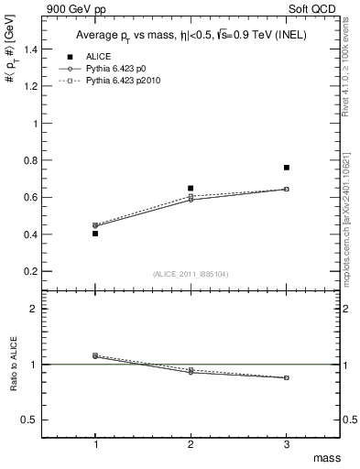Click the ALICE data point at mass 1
tap(95, 234)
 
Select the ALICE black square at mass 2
tap(191, 188)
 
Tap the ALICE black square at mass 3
tap(287, 168)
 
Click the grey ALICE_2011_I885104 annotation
tap(191, 275)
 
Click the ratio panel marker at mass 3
tap(287, 377)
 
